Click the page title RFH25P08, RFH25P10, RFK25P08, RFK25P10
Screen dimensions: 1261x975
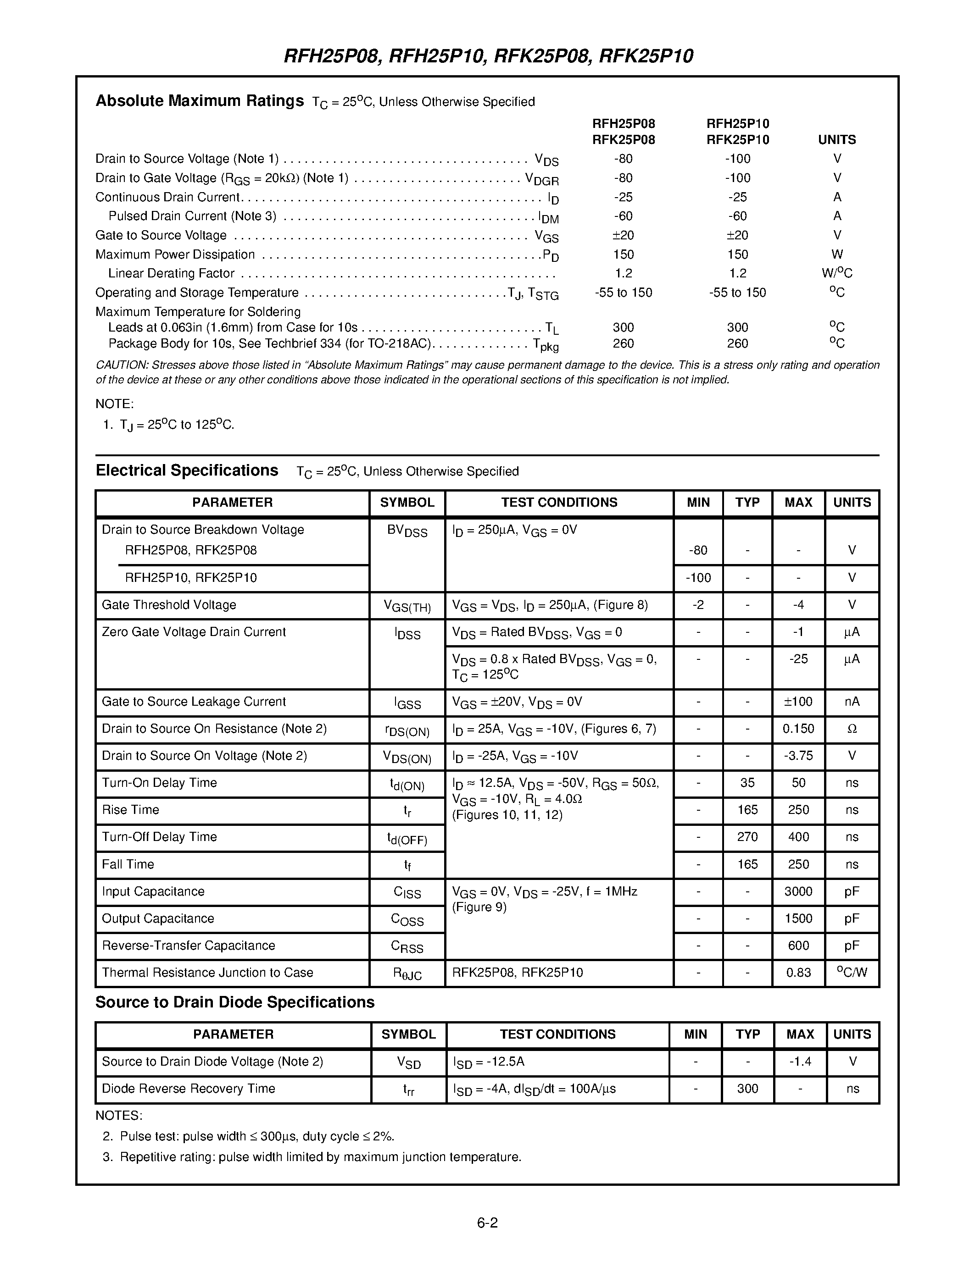(x=488, y=56)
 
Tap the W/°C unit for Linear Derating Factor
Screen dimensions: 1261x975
(x=837, y=273)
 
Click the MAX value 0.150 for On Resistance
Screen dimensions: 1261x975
(x=798, y=729)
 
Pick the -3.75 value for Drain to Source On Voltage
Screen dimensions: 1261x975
(x=798, y=756)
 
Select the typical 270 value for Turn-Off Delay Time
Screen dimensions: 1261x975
(x=747, y=837)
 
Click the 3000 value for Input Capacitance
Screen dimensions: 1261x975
(x=798, y=891)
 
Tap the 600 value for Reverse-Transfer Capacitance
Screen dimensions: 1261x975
(x=798, y=945)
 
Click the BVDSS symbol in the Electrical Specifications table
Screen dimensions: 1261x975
(x=407, y=531)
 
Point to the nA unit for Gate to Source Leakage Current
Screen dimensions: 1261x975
(x=852, y=702)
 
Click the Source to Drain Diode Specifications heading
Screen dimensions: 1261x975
(x=234, y=1002)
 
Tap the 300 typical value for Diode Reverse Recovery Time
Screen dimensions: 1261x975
(x=747, y=1089)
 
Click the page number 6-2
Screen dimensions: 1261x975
(x=487, y=1222)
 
